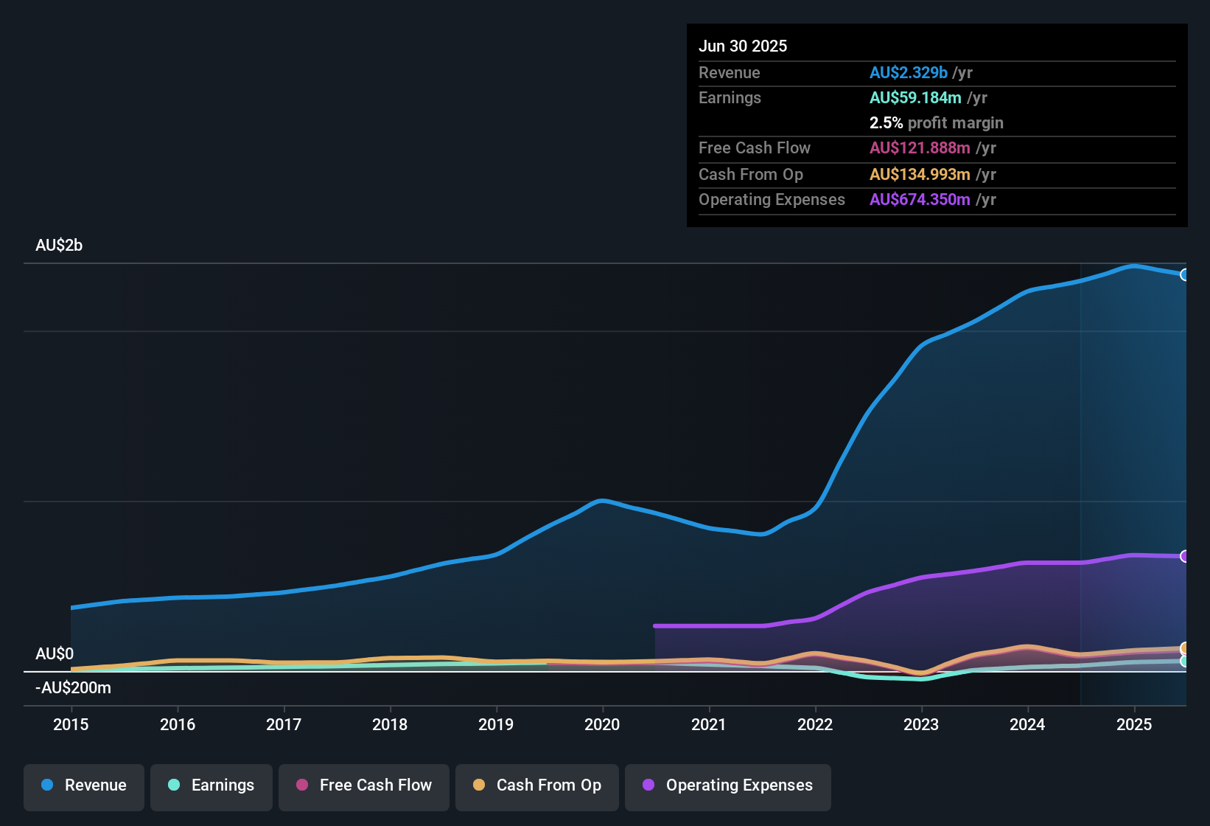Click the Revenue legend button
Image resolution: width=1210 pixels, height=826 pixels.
pos(84,785)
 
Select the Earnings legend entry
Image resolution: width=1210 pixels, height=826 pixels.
pos(211,785)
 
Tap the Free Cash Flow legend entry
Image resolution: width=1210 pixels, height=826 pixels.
pos(364,785)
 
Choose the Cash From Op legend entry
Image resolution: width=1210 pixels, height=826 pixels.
pos(537,785)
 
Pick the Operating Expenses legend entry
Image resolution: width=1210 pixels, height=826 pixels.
pos(728,785)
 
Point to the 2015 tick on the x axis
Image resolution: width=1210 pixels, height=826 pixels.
pos(71,724)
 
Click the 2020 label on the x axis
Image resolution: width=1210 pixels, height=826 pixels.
pos(602,724)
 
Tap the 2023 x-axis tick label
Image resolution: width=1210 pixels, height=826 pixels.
pos(921,724)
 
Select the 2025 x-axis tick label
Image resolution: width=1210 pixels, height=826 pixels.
pos(1133,724)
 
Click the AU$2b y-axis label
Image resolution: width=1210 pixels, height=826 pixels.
pos(59,245)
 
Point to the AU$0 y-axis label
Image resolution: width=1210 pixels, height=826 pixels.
pos(55,653)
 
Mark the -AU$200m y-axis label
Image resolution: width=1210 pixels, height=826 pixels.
pos(73,687)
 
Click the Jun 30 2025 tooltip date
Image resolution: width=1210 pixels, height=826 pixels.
pos(743,46)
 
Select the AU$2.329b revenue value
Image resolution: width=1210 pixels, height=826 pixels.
pos(908,72)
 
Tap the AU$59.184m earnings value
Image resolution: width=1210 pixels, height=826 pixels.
pos(915,97)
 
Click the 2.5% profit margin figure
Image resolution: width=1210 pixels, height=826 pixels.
pos(886,122)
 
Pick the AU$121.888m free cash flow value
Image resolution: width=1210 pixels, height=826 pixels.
pos(920,147)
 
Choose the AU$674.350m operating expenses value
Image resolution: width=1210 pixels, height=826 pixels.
pos(920,199)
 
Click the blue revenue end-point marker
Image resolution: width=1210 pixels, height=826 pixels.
pos(1185,274)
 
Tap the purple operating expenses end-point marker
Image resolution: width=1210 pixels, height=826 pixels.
pos(1185,556)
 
